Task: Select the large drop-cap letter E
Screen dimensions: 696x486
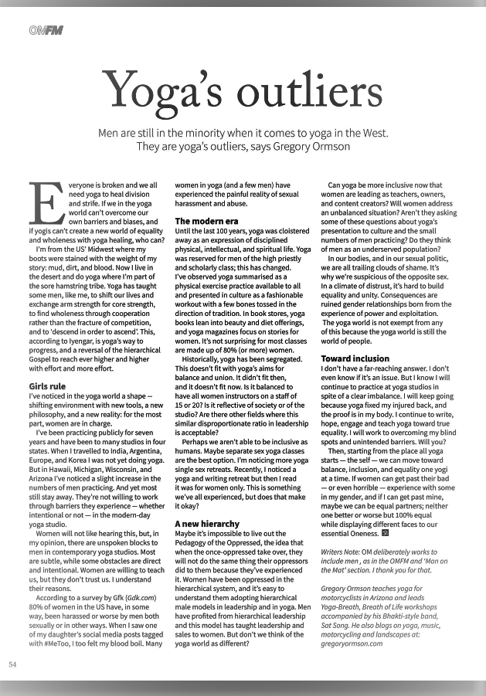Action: coord(43,206)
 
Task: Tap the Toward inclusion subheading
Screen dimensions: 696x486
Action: coord(355,358)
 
